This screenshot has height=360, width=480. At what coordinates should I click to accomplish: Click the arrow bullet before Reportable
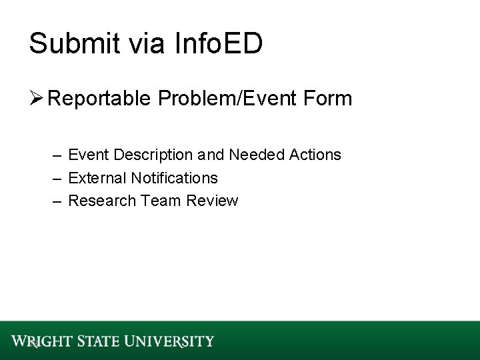coord(37,99)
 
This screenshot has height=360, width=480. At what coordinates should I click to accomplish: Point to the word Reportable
coord(102,99)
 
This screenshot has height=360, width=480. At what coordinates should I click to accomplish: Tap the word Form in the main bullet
coord(327,99)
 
